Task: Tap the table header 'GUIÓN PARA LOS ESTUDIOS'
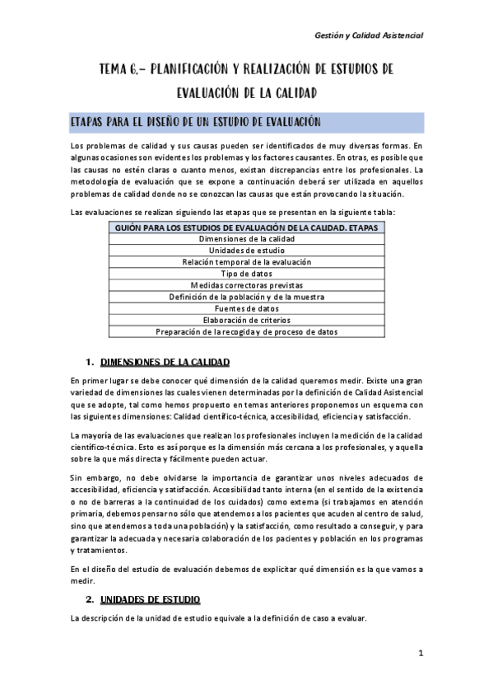click(x=246, y=227)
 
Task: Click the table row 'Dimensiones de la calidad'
click(x=246, y=238)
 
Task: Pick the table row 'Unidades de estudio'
click(x=246, y=250)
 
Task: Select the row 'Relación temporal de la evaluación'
click(x=246, y=261)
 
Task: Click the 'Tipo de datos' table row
click(x=246, y=273)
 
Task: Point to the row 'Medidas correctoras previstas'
click(x=246, y=284)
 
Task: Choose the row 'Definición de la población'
click(x=246, y=296)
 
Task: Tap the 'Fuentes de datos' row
click(x=246, y=308)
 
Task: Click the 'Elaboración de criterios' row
click(x=246, y=320)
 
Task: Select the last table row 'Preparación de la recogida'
click(x=246, y=331)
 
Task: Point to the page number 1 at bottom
click(x=420, y=654)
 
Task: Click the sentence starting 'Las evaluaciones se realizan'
click(x=232, y=213)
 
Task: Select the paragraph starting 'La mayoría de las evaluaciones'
click(x=246, y=446)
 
